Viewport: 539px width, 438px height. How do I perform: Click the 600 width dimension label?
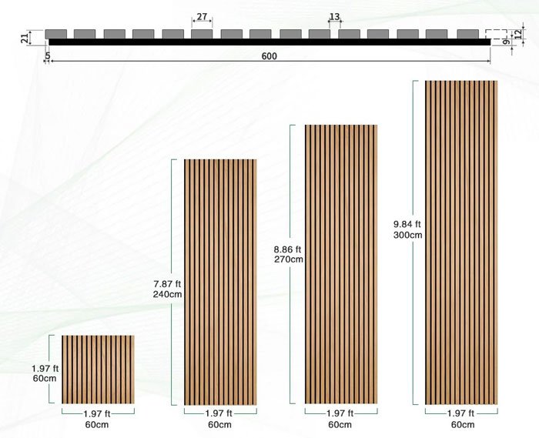[269, 56]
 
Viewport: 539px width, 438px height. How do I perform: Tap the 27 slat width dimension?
[202, 16]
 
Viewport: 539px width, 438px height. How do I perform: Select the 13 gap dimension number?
[334, 16]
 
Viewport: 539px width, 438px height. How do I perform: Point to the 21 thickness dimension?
[24, 36]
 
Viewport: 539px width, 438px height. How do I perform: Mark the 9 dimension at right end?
[506, 43]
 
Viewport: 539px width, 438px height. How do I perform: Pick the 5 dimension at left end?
[48, 55]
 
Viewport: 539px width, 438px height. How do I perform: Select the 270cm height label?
[288, 259]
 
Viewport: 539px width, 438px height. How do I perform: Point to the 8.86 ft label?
[288, 249]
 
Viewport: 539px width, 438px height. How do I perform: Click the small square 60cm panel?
[98, 369]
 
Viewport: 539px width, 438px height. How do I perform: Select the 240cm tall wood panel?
[219, 282]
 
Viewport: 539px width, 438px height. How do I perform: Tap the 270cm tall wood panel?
[341, 264]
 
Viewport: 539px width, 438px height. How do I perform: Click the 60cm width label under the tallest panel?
[462, 425]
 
